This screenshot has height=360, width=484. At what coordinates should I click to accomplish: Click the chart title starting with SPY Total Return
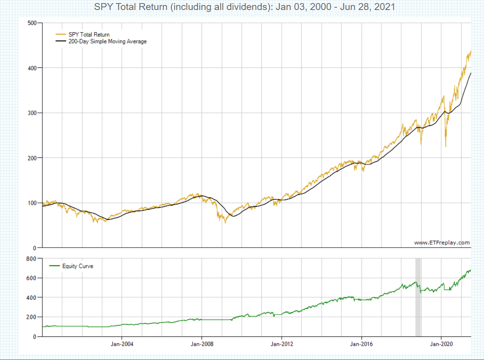(x=244, y=7)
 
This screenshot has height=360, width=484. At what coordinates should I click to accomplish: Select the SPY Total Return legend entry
(x=89, y=35)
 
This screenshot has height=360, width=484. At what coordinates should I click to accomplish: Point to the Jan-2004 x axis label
(x=122, y=344)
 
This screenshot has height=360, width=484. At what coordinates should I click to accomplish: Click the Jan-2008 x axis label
(x=202, y=344)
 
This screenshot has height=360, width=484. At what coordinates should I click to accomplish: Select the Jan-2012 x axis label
(x=282, y=344)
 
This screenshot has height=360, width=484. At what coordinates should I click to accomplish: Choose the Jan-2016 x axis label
(x=361, y=344)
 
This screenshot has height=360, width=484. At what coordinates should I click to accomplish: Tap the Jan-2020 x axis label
(x=441, y=344)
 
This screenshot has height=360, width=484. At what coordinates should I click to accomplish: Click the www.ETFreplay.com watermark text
(x=442, y=243)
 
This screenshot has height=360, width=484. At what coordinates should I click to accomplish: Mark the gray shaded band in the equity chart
(x=418, y=296)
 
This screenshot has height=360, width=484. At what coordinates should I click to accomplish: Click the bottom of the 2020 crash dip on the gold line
(x=445, y=146)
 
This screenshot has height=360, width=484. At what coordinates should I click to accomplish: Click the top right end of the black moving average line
(x=471, y=73)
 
